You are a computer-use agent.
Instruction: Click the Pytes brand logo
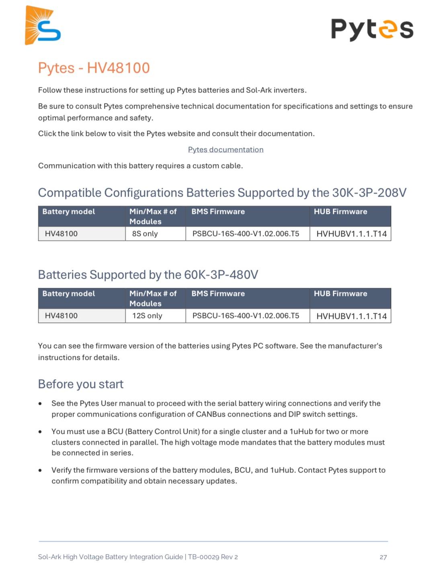click(372, 29)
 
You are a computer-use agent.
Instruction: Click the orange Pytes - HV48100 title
click(94, 68)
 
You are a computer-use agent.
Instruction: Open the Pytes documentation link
click(226, 150)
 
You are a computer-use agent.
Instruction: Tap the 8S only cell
click(145, 234)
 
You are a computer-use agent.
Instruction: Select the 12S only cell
click(147, 316)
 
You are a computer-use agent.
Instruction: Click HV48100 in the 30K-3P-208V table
click(61, 234)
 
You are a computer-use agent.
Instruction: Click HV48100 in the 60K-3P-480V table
click(61, 316)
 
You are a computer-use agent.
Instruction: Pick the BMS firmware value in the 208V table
click(246, 234)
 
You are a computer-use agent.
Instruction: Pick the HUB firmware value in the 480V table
click(351, 316)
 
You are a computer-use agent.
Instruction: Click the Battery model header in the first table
click(69, 212)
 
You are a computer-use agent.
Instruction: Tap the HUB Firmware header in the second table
click(340, 294)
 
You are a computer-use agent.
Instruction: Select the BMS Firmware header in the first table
click(218, 212)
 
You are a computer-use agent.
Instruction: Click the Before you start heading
click(80, 384)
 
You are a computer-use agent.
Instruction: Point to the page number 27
click(383, 557)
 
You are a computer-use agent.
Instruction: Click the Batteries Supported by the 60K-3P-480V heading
click(148, 275)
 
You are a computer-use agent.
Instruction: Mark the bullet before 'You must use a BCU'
click(40, 432)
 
